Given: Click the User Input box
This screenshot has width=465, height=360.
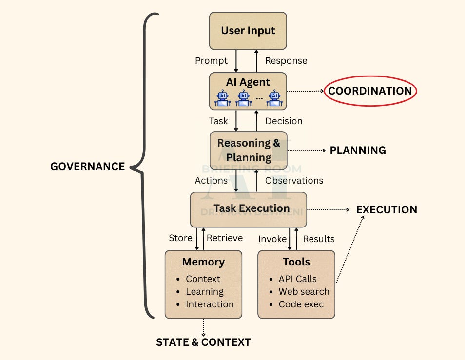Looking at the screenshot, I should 248,31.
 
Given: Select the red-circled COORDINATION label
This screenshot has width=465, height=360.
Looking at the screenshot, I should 370,91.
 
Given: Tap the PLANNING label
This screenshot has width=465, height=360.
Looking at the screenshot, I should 358,151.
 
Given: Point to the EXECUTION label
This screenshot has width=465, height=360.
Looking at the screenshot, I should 387,210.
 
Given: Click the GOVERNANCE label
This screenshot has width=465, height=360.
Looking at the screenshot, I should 88,167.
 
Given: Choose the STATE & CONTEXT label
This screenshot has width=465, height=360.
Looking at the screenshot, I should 203,342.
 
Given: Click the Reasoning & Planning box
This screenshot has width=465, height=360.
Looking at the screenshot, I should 249,150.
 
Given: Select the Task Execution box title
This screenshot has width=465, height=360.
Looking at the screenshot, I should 252,208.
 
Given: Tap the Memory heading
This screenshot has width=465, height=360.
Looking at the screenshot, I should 203,262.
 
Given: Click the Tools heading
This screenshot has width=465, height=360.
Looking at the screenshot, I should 296,262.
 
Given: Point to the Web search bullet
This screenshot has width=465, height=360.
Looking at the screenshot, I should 304,292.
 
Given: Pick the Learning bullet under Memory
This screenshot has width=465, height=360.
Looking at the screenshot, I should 204,292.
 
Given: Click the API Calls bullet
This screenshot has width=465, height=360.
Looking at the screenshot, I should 297,279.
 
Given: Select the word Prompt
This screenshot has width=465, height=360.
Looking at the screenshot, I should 211,61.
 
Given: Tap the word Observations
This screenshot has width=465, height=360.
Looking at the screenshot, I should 294,181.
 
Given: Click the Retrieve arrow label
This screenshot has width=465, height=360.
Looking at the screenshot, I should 225,238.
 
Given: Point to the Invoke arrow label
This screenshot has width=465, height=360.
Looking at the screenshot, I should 272,239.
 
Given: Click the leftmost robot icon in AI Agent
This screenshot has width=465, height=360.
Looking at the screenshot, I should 223,97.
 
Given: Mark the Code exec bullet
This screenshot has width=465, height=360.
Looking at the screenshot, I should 301,304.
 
